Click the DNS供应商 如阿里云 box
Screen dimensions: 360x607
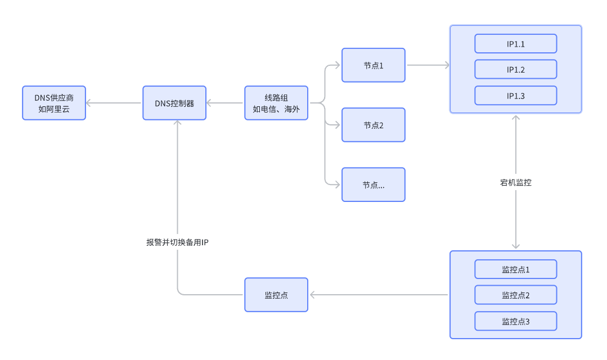[x=54, y=103]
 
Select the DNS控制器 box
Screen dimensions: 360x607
[x=174, y=103]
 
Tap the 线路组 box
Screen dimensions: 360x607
[x=276, y=103]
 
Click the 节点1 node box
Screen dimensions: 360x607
[x=373, y=65]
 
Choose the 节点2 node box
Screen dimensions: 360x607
[x=373, y=125]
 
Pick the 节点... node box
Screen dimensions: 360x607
[x=373, y=184]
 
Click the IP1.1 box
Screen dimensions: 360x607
[x=515, y=44]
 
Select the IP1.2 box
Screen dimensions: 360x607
[x=515, y=70]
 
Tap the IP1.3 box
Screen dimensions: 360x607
[x=515, y=96]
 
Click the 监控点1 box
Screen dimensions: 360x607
[x=515, y=269]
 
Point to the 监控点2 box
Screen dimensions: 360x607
[x=515, y=295]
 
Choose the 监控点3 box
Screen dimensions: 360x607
[x=515, y=321]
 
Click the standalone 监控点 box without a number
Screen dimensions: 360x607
[x=276, y=295]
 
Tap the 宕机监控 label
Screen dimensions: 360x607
[x=515, y=182]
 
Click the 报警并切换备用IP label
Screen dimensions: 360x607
[x=178, y=242]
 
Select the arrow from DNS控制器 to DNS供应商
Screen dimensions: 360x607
[x=114, y=103]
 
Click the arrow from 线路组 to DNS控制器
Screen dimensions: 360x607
[x=226, y=103]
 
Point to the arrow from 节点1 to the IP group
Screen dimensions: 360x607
[x=428, y=65]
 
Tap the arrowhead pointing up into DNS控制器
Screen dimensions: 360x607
[x=178, y=124]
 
